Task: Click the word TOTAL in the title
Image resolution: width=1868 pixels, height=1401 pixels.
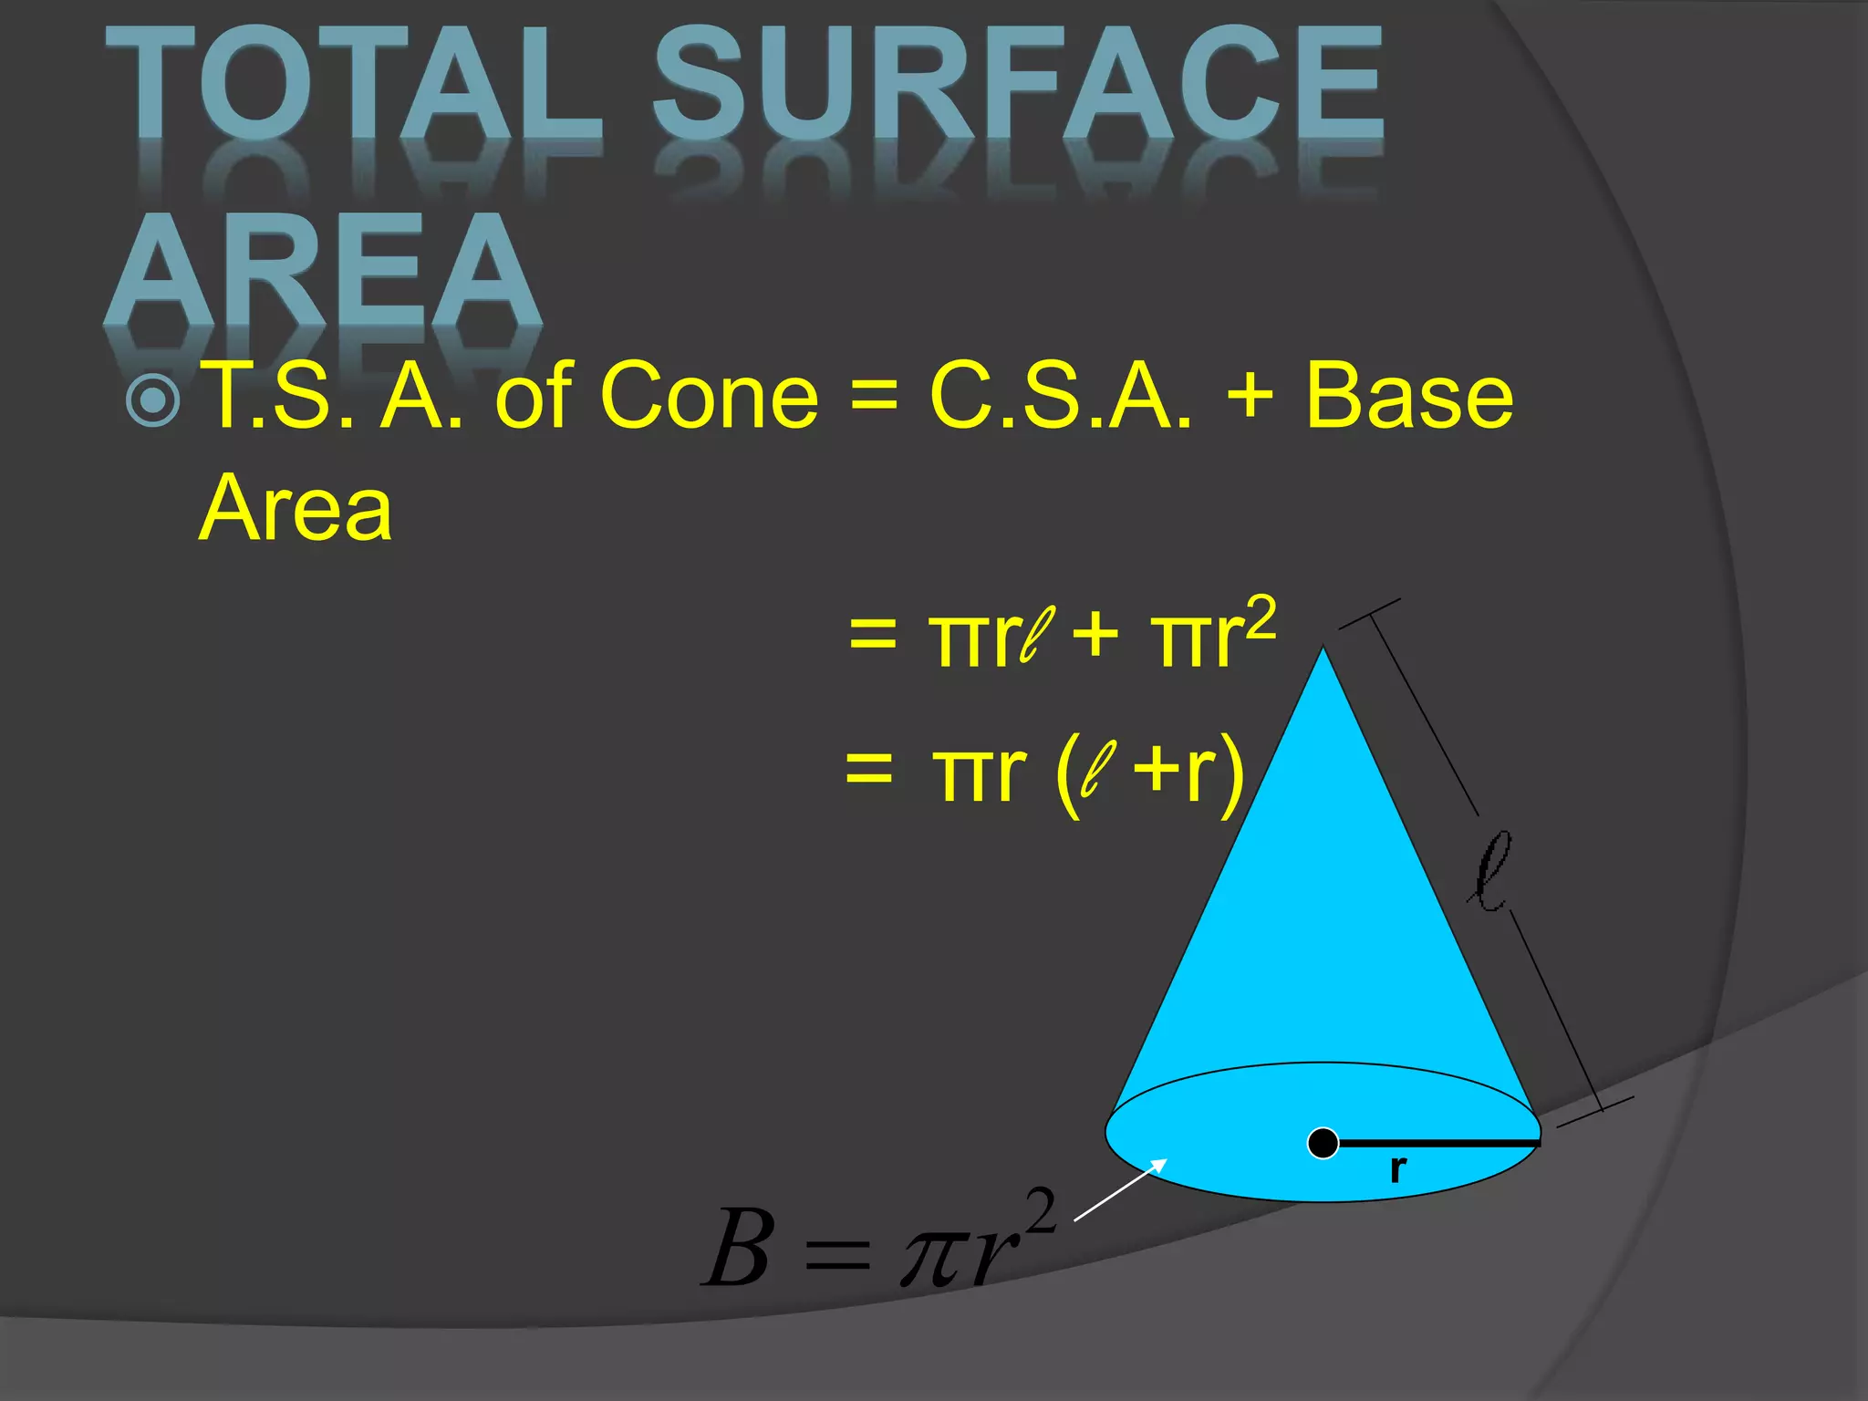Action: point(351,87)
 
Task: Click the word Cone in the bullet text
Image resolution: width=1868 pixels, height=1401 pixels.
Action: point(709,396)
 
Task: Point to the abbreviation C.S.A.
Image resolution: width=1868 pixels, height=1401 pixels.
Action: point(1059,396)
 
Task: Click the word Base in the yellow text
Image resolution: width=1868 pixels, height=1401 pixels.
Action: point(1409,396)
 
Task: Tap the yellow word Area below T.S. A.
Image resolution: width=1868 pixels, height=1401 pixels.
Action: point(295,508)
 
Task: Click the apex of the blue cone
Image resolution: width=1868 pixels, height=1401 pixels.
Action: point(1323,649)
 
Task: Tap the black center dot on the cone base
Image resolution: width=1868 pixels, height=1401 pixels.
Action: point(1323,1143)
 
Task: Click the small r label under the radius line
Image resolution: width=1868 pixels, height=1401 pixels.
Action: point(1397,1168)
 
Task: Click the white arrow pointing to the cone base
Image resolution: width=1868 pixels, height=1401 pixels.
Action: point(1120,1189)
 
